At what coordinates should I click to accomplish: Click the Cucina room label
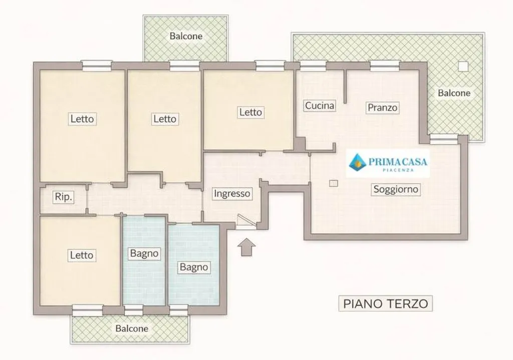[x=320, y=106]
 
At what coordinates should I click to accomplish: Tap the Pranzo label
[x=382, y=108]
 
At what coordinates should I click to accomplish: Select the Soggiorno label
[x=396, y=189]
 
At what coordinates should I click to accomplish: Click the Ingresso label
[x=232, y=194]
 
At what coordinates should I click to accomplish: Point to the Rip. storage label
[x=64, y=197]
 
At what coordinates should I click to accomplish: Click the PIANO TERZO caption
[x=385, y=303]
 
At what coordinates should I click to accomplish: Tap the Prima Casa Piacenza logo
[x=388, y=163]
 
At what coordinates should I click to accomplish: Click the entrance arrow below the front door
[x=246, y=247]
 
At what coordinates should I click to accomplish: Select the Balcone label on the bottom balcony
[x=132, y=328]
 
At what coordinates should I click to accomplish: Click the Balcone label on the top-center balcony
[x=186, y=36]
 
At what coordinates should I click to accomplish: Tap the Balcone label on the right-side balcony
[x=454, y=93]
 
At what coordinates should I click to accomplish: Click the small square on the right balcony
[x=463, y=67]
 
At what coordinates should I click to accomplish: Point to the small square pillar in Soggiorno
[x=333, y=183]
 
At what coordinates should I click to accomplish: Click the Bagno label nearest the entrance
[x=194, y=267]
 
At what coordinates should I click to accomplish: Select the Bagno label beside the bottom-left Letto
[x=144, y=253]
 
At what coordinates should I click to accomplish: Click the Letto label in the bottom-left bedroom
[x=82, y=255]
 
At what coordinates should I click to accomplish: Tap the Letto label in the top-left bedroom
[x=82, y=119]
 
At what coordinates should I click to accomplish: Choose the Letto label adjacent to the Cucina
[x=250, y=112]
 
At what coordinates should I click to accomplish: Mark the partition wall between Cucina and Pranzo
[x=345, y=87]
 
